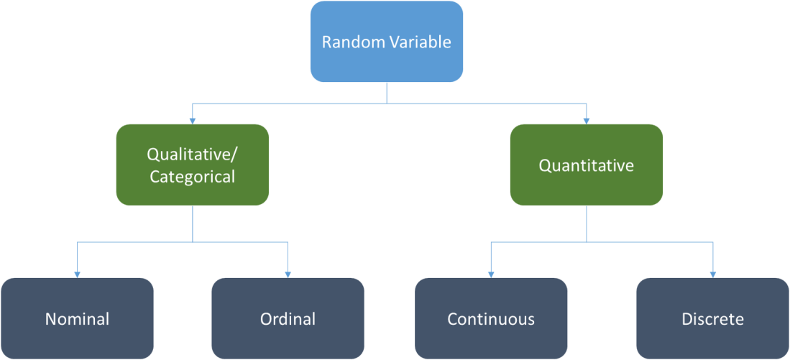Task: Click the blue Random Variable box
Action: pyautogui.click(x=386, y=42)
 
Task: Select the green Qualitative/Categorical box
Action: pyautogui.click(x=192, y=165)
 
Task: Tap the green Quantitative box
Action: pyautogui.click(x=586, y=165)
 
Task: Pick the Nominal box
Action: pyautogui.click(x=77, y=318)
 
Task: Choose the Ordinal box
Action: pyautogui.click(x=288, y=318)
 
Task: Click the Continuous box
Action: pyautogui.click(x=491, y=318)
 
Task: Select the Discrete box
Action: pyautogui.click(x=712, y=318)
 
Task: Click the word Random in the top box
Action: pyautogui.click(x=348, y=42)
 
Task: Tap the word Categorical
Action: pyautogui.click(x=192, y=177)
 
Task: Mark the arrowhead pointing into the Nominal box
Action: pyautogui.click(x=77, y=274)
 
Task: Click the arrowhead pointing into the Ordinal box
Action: pyautogui.click(x=288, y=274)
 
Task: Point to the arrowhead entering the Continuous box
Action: pyautogui.click(x=491, y=274)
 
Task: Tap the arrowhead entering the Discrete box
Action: pyautogui.click(x=712, y=274)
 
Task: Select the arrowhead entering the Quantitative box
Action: pyautogui.click(x=586, y=120)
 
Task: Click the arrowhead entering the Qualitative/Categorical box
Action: pyautogui.click(x=192, y=120)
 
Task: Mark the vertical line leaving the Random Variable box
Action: pyautogui.click(x=387, y=93)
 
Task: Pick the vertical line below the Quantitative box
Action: pyautogui.click(x=586, y=223)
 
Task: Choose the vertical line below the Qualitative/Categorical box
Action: pyautogui.click(x=192, y=223)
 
